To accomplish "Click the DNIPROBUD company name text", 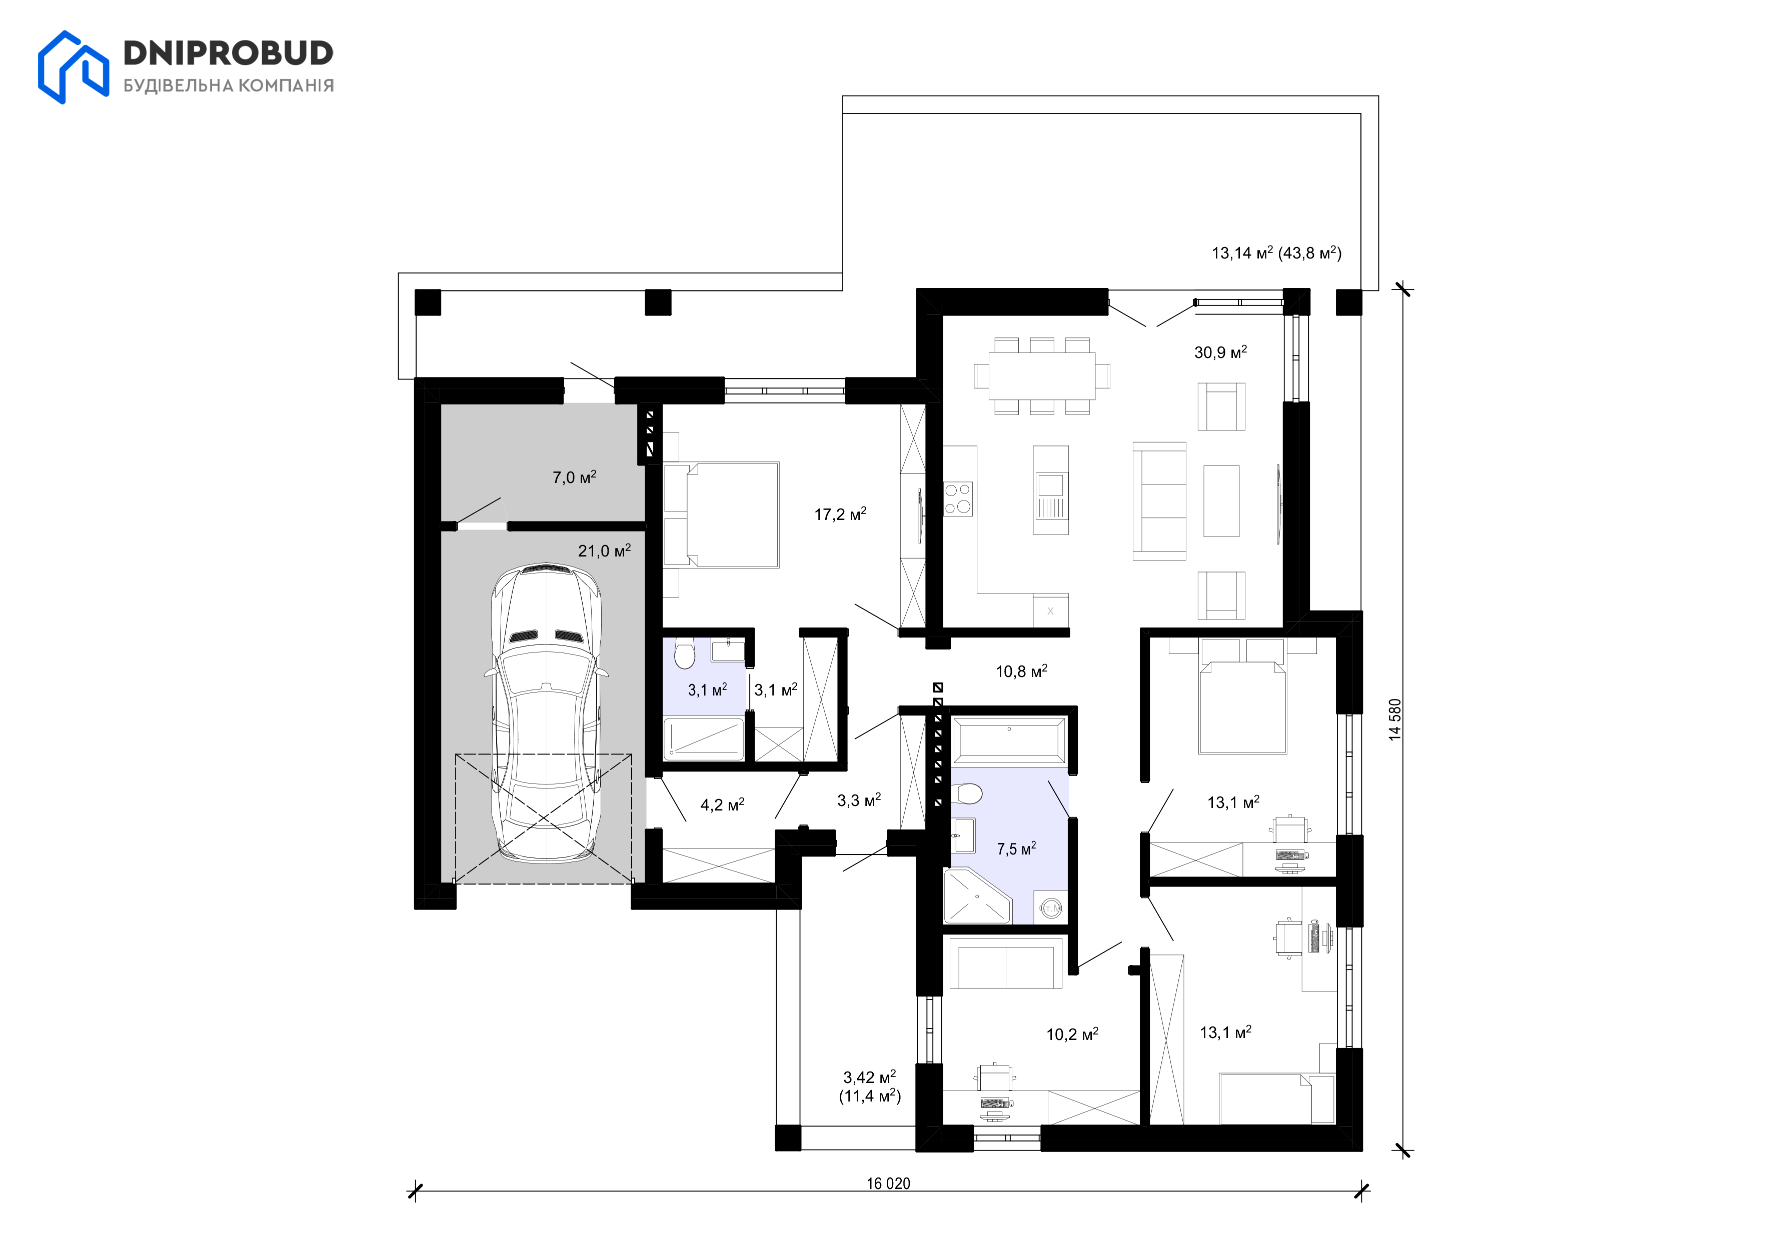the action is click(x=229, y=53).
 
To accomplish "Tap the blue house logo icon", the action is click(x=74, y=67).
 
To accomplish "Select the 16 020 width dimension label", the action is click(x=888, y=1183).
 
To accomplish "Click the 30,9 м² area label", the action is click(x=1220, y=352).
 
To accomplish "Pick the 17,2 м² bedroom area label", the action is click(x=840, y=514).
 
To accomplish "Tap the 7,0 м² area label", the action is click(x=574, y=477).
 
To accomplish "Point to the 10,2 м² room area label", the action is click(x=1072, y=1034).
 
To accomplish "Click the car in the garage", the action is click(x=546, y=712).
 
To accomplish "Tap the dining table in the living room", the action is click(x=1042, y=376).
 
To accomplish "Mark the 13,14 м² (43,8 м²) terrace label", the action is click(x=1276, y=252).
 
